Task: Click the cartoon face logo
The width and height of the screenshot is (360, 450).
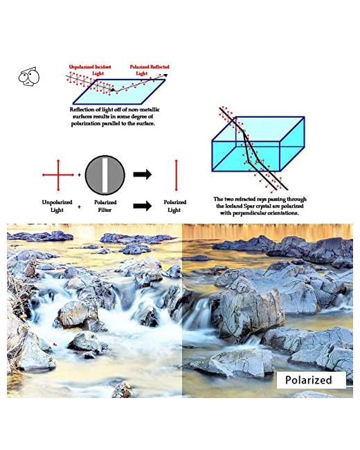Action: click(28, 76)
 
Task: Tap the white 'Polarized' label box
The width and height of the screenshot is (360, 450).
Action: click(312, 380)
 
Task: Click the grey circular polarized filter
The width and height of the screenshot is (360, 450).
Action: click(105, 175)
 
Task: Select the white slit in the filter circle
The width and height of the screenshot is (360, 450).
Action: click(105, 175)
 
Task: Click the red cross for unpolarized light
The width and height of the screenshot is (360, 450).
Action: click(58, 174)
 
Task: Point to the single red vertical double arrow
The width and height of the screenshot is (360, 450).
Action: click(177, 175)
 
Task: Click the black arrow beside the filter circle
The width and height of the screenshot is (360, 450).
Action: click(143, 174)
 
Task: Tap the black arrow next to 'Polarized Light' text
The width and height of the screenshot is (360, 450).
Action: click(143, 206)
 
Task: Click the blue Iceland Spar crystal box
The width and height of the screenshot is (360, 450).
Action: click(258, 144)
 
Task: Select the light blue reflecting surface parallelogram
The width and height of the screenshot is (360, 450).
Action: click(119, 91)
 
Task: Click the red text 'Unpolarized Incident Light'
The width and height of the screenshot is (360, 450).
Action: click(90, 70)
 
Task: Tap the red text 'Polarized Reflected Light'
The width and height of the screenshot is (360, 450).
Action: click(150, 70)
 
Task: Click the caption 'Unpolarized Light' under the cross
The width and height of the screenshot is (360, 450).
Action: click(57, 206)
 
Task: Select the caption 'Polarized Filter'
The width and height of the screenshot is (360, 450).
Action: click(105, 206)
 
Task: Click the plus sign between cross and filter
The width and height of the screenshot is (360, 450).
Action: click(79, 174)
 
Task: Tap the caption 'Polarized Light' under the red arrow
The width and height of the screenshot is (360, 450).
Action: click(175, 206)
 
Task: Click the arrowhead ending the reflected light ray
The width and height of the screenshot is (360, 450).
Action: click(165, 75)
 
